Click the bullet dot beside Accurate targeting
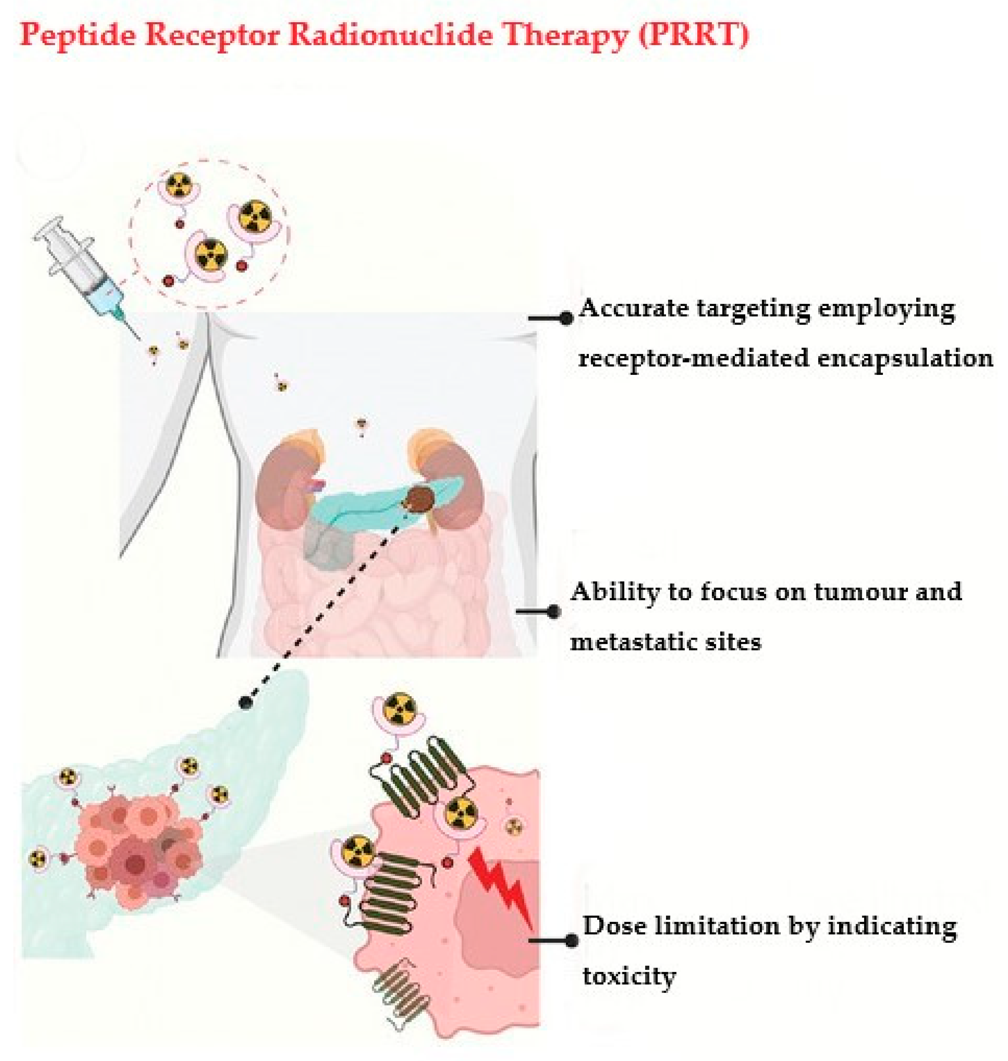[566, 318]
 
